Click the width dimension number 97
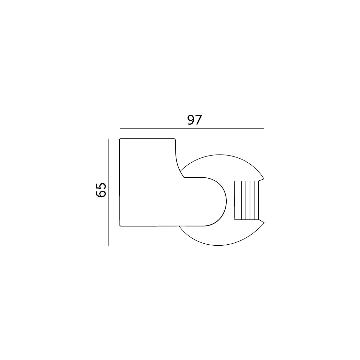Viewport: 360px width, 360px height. (x=195, y=120)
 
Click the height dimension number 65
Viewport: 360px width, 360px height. (x=101, y=190)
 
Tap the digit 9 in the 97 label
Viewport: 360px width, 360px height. (x=191, y=120)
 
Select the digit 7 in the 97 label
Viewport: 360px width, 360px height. (x=199, y=120)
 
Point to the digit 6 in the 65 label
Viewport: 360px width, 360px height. (x=101, y=194)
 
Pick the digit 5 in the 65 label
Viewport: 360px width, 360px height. (x=101, y=186)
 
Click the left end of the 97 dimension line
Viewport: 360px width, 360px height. (x=120, y=128)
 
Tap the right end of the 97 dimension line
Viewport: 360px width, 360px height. (x=264, y=128)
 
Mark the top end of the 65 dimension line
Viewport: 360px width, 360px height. (x=108, y=139)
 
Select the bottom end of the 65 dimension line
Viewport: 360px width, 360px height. (x=108, y=245)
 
